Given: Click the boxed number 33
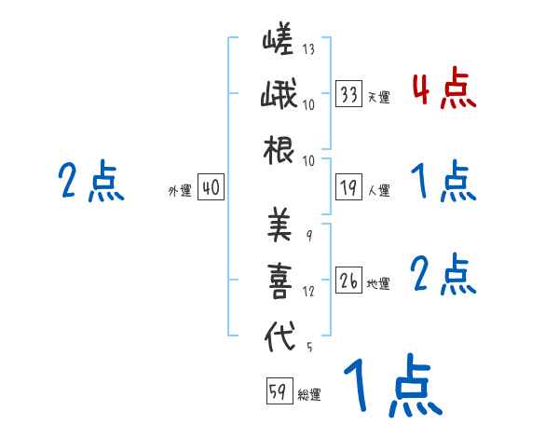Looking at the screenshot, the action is (349, 94).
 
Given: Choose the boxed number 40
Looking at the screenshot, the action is (211, 188).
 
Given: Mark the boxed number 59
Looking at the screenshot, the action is (278, 392).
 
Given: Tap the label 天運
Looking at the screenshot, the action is (378, 97).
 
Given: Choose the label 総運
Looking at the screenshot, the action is (309, 395).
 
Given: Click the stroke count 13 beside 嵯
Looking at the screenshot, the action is (308, 50).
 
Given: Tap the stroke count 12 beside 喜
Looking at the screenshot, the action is (308, 292).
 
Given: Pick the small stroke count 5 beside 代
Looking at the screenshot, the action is (308, 349).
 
